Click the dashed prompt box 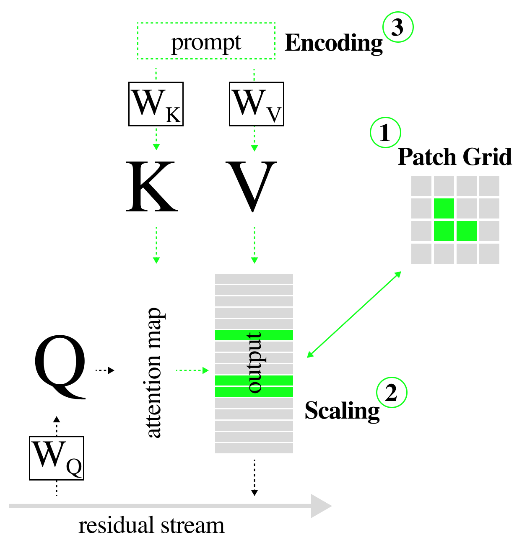(206, 41)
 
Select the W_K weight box (156, 104)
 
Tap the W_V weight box (257, 104)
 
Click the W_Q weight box (57, 458)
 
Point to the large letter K (152, 187)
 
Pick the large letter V (252, 186)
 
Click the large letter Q (60, 366)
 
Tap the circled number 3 (397, 27)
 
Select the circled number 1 (385, 132)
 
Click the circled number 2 (391, 393)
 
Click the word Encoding (333, 44)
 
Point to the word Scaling (342, 411)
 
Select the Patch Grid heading (455, 157)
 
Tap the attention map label (154, 373)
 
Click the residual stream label (151, 525)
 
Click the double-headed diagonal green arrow (354, 314)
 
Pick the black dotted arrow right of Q (105, 370)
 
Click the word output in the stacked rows (255, 362)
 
